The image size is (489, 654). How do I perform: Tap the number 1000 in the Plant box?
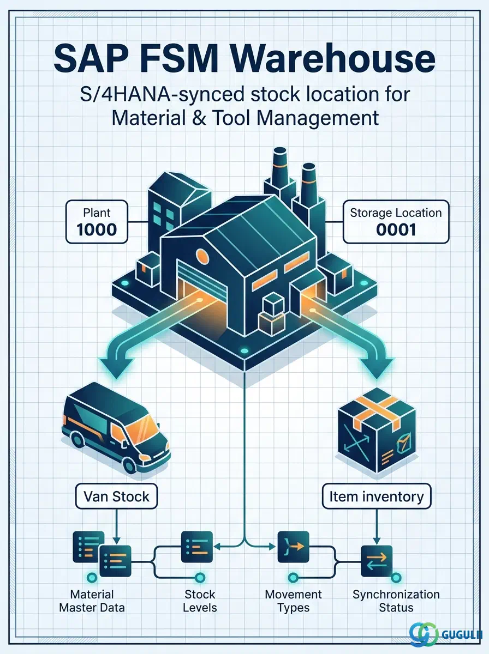point(97,230)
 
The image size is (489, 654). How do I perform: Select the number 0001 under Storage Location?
point(396,230)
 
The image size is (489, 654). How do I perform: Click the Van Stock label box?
point(116,496)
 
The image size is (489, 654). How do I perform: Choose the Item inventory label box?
point(377,496)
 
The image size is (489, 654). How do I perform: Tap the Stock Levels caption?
point(200,601)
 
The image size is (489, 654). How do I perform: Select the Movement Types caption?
point(293,601)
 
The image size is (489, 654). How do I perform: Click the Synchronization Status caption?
point(396,601)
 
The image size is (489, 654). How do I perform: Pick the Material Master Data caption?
point(92,601)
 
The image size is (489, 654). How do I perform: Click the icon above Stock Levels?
point(197,547)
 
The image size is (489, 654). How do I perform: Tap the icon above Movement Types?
point(293,547)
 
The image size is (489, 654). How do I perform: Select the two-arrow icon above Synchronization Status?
point(377,561)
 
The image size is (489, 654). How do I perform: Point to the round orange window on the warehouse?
point(202,257)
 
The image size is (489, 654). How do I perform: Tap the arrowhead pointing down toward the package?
point(377,368)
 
